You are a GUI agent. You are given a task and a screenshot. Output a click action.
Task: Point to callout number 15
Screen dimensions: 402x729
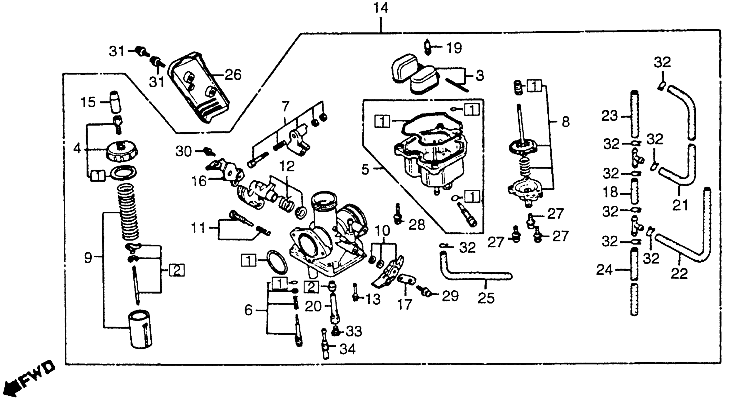(x=88, y=102)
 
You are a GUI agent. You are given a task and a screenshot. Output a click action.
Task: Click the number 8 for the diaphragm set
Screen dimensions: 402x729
(x=565, y=122)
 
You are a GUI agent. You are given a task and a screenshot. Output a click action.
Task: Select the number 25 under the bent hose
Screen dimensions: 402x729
(x=486, y=298)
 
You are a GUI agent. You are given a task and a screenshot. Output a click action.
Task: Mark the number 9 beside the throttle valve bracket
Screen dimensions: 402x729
(x=88, y=258)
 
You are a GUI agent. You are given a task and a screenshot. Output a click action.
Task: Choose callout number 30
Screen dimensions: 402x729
(x=183, y=152)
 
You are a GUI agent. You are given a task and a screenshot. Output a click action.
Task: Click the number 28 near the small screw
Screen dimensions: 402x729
(x=417, y=225)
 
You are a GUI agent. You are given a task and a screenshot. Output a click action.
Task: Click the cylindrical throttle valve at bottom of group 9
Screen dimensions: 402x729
(x=141, y=330)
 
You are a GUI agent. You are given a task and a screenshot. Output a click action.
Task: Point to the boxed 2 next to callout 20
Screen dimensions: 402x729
(x=311, y=287)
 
